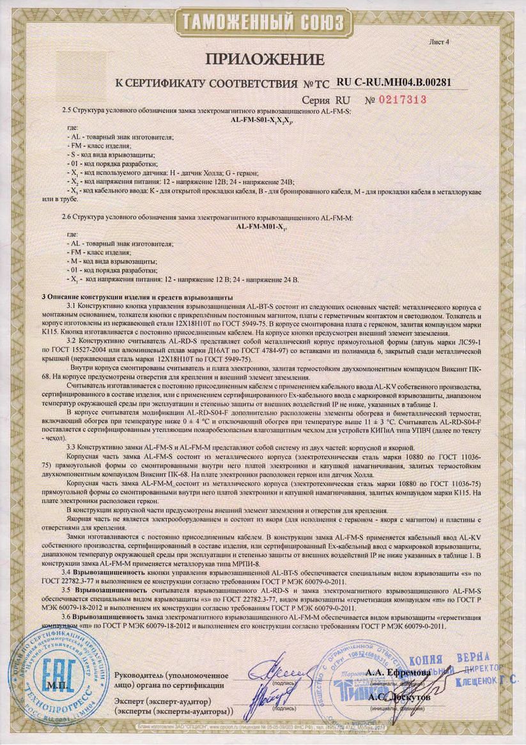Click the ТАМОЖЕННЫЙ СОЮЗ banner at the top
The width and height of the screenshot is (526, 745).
click(x=263, y=22)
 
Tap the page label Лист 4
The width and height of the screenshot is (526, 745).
click(x=441, y=42)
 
